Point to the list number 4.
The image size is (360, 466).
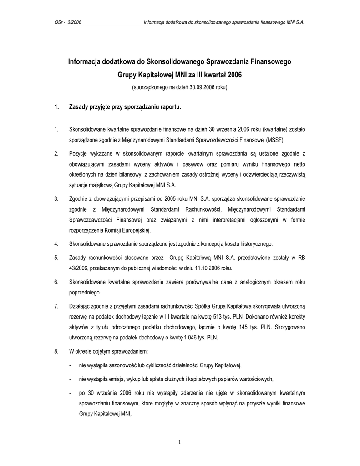(56, 244)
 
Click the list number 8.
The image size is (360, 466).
(56, 352)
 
